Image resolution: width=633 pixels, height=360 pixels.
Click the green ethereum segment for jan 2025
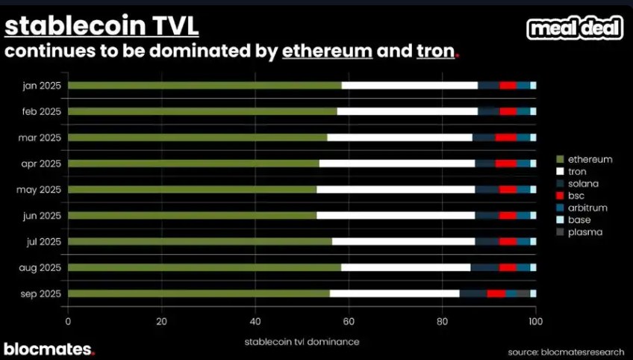tap(205, 85)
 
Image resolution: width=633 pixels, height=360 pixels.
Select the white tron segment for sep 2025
tap(394, 294)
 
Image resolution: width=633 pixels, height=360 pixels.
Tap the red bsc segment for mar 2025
tap(505, 137)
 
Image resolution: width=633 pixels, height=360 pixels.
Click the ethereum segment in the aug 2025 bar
tap(205, 267)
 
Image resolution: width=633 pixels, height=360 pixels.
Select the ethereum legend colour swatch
tap(559, 159)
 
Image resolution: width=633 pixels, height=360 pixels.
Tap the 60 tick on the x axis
tap(349, 322)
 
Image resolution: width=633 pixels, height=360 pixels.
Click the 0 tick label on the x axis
tap(68, 322)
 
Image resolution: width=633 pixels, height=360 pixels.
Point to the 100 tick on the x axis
tap(534, 322)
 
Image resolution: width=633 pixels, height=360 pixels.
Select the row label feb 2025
tap(40, 111)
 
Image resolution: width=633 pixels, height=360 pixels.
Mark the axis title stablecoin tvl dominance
tap(302, 341)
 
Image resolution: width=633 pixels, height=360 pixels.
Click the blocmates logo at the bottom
tap(49, 349)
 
